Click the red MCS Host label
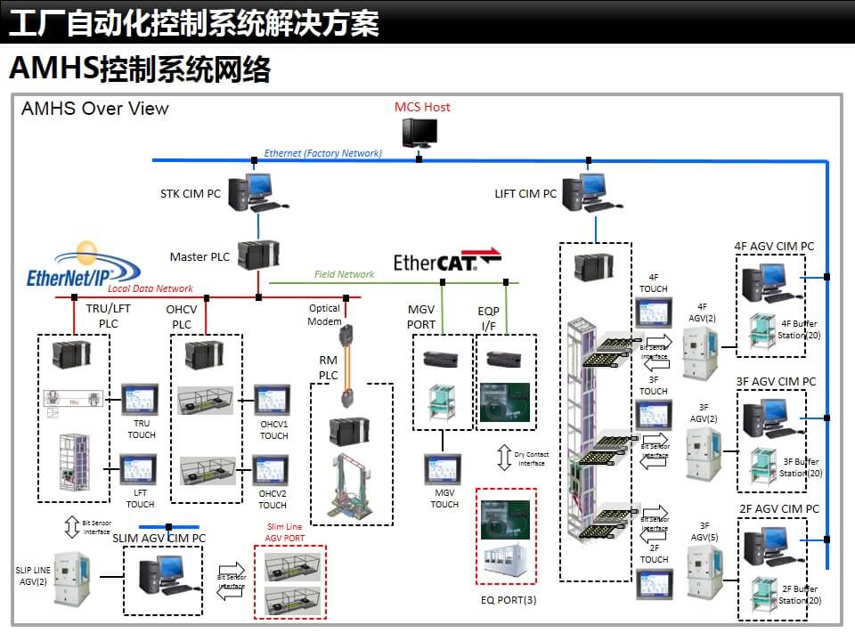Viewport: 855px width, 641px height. click(x=422, y=107)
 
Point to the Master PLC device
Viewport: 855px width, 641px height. click(x=259, y=256)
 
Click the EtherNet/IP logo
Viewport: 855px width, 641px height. click(x=83, y=264)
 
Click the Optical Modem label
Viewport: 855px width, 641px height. click(x=324, y=314)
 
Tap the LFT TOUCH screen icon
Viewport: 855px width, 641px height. click(x=138, y=470)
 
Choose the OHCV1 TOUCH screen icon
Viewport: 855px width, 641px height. click(x=272, y=400)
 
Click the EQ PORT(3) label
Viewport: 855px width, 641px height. click(x=508, y=599)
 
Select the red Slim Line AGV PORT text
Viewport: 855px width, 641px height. click(x=285, y=532)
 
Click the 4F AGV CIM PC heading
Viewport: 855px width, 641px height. click(x=773, y=246)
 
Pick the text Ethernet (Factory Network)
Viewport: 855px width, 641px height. click(x=322, y=153)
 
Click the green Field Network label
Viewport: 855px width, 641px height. click(x=344, y=274)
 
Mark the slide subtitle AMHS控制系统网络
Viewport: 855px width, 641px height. click(x=139, y=69)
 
